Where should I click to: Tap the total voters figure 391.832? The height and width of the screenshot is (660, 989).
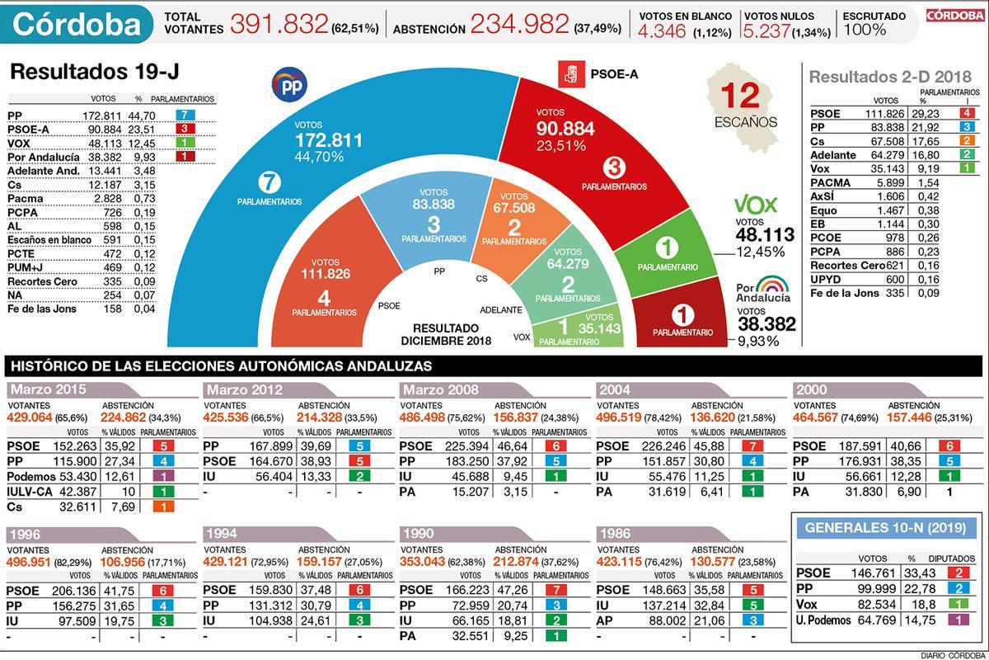(279, 25)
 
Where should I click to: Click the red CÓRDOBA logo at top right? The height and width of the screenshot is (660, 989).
(954, 15)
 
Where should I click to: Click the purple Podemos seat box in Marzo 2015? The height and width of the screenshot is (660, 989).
(163, 477)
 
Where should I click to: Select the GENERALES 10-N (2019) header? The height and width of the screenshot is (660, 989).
(884, 527)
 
